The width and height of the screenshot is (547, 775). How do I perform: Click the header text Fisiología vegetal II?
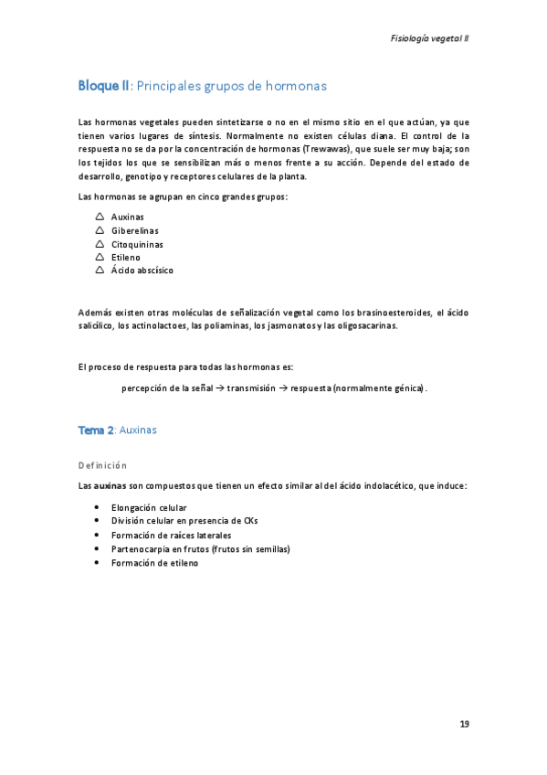pyautogui.click(x=429, y=38)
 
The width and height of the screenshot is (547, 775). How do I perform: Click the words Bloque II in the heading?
pyautogui.click(x=104, y=86)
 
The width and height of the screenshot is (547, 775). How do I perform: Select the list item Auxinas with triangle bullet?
pyautogui.click(x=128, y=218)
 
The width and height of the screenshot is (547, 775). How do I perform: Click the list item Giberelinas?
pyautogui.click(x=135, y=231)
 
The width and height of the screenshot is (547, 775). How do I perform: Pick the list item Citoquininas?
pyautogui.click(x=138, y=245)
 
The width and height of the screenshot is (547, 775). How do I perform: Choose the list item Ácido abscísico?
pyautogui.click(x=142, y=271)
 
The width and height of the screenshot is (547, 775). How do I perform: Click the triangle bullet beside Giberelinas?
pyautogui.click(x=99, y=231)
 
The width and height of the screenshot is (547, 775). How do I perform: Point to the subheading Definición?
pyautogui.click(x=102, y=465)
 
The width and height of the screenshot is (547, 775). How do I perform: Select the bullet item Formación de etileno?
pyautogui.click(x=154, y=563)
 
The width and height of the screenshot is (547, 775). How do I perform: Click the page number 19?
pyautogui.click(x=464, y=725)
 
